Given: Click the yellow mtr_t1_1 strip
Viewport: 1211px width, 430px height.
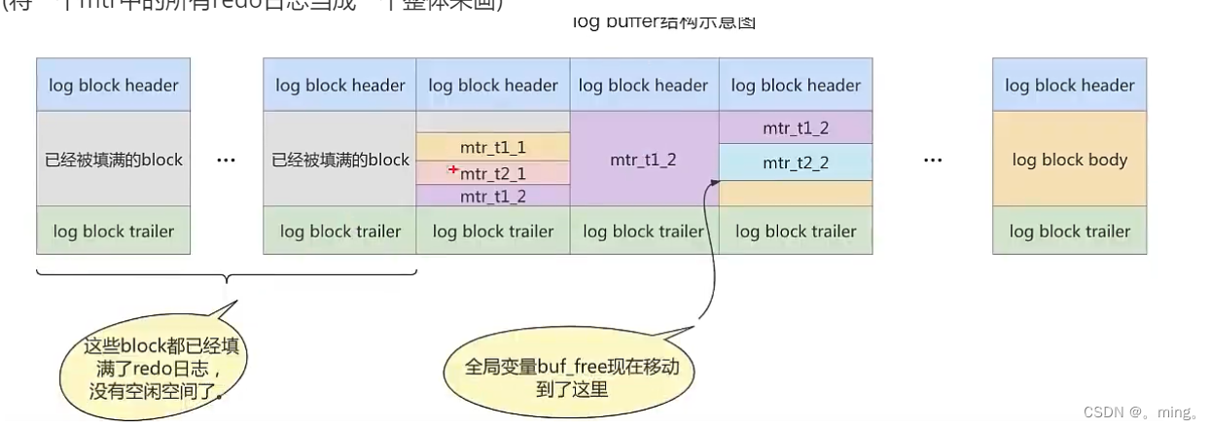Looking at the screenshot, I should tap(493, 147).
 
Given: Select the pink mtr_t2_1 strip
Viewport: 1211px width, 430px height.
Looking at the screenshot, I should tap(493, 173).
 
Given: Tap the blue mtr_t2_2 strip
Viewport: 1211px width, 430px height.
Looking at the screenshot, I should tap(796, 162).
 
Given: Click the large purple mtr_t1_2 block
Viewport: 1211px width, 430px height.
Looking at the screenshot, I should tap(644, 160).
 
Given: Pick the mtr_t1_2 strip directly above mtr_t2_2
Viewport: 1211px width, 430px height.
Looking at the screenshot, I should tap(796, 127).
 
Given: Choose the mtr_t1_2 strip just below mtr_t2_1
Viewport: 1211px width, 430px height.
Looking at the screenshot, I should tap(493, 196).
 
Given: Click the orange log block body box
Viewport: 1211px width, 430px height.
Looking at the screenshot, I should tap(1069, 160).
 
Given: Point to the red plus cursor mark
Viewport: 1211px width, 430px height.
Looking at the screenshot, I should tap(453, 170).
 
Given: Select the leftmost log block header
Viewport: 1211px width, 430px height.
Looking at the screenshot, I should tap(114, 85).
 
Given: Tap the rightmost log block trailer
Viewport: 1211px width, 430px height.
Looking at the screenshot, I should tap(1069, 231).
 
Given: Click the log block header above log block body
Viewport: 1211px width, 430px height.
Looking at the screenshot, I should tap(1069, 85).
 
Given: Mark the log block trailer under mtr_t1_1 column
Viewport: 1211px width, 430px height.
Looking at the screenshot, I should tap(493, 231).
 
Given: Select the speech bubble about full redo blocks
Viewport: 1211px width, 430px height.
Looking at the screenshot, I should tap(154, 370).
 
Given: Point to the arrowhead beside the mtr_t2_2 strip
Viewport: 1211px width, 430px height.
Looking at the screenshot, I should tap(715, 181).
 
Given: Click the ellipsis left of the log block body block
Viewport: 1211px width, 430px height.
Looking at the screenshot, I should tap(933, 160).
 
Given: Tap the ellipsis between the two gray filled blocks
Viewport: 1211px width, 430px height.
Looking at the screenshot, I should tap(226, 160).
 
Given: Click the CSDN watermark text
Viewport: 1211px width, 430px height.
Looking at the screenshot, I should tap(1152, 412).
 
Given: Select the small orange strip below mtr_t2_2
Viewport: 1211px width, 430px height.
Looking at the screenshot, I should tap(796, 193).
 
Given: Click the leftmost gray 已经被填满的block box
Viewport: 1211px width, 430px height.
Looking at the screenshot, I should tap(114, 160).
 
